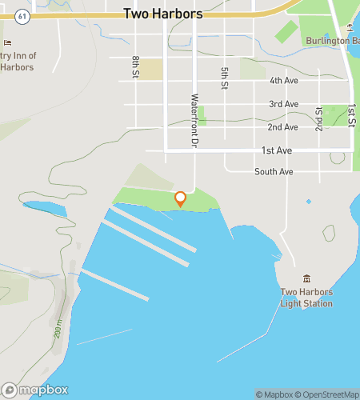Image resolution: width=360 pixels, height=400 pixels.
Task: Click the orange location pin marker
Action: pos(180,198)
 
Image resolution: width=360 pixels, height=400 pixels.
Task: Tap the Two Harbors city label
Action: pos(163,14)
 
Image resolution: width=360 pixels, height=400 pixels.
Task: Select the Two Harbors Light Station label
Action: pos(306,298)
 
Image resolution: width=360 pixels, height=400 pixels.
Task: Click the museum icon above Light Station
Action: pos(306,274)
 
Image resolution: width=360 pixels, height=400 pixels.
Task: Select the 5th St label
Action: pos(226,78)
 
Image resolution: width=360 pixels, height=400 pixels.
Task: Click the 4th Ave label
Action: pos(283,81)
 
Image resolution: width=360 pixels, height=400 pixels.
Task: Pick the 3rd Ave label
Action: pos(283,104)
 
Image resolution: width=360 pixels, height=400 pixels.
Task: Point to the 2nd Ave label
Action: pos(283,127)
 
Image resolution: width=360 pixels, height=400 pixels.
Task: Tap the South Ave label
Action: pos(274,172)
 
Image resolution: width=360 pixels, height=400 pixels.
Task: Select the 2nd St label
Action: pos(318,118)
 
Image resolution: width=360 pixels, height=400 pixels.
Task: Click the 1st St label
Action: pos(351,115)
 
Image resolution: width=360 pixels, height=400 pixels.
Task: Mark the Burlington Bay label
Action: pos(332,40)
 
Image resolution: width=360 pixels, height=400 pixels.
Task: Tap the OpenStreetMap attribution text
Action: pos(328,394)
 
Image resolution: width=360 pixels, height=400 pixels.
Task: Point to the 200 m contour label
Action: pos(58,328)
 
